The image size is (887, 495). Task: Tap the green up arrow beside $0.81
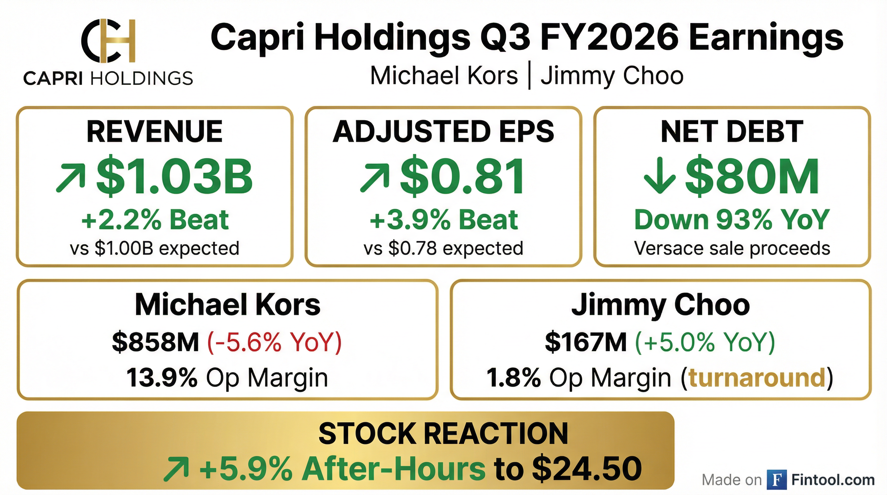375,178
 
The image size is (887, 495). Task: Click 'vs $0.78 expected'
443,248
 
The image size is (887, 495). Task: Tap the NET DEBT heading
732,131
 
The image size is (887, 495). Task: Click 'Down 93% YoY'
732,219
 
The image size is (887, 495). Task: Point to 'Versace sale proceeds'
732,248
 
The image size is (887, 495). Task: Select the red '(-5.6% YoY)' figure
274,342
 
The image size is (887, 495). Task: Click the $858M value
156,342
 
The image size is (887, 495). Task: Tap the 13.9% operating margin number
162,378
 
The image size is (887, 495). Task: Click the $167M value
586,342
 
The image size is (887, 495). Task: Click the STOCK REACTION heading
443,433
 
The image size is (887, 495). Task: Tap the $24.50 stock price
587,469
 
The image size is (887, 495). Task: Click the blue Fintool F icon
776,480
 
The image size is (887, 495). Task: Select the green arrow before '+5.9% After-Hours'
176,469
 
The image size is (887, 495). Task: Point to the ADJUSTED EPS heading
443,131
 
